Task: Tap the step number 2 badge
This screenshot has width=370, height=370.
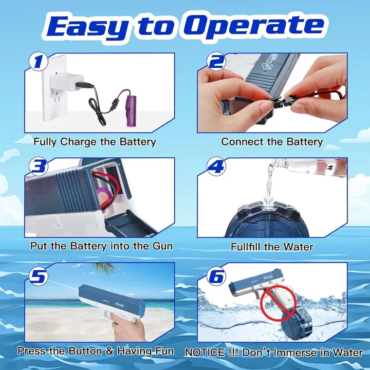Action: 216,62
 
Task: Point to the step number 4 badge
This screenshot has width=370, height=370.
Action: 216,168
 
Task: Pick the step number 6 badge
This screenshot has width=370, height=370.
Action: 216,276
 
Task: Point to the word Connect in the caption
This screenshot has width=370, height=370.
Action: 242,141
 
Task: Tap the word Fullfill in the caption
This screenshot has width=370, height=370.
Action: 248,247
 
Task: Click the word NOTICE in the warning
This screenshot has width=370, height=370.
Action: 204,353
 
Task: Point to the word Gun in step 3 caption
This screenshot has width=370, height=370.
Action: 160,246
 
